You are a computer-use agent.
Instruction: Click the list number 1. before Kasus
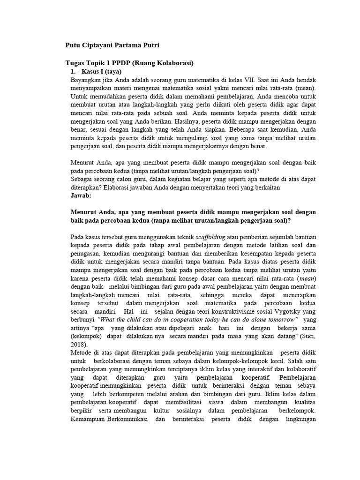click(72, 72)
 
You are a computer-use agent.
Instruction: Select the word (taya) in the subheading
click(112, 72)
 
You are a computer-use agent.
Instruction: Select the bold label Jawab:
click(81, 195)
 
